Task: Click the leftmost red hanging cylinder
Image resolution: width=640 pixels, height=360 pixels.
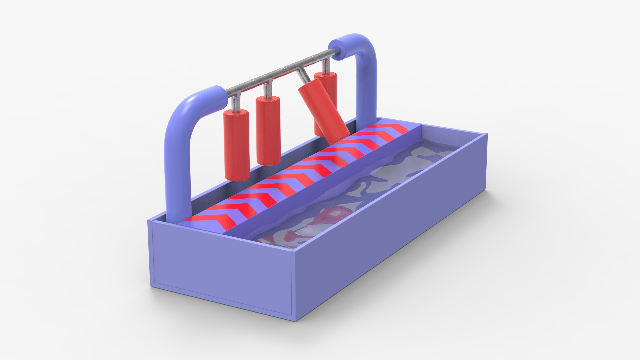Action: click(236, 145)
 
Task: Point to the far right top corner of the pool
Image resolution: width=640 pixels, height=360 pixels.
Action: click(487, 133)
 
